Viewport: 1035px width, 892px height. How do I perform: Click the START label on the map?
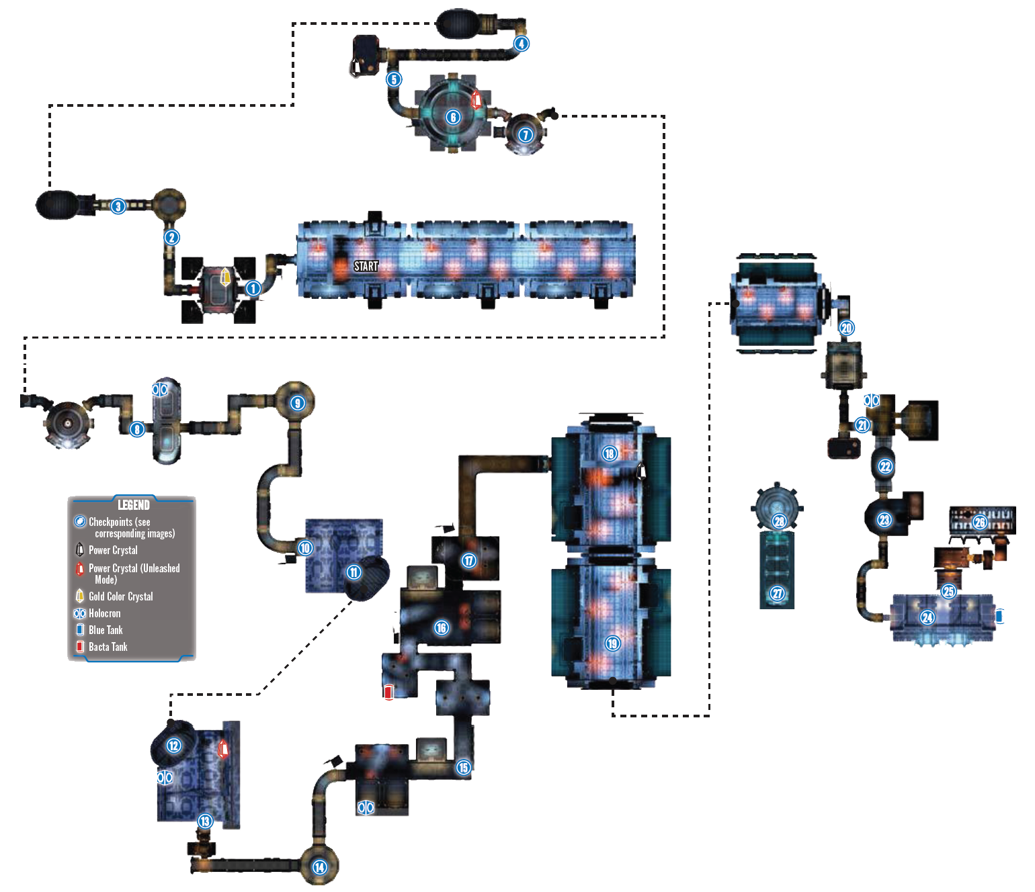pos(366,266)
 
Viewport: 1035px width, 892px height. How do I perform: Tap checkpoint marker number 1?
pos(253,288)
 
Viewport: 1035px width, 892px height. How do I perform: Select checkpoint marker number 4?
pos(522,44)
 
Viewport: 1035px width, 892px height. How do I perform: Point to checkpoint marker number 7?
pos(526,134)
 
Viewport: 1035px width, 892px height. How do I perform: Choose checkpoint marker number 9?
pos(298,403)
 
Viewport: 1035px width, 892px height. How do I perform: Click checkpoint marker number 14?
pos(319,867)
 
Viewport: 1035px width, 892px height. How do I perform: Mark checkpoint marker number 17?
pos(468,561)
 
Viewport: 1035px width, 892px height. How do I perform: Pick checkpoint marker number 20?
pos(846,328)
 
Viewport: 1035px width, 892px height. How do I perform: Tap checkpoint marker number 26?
pos(979,523)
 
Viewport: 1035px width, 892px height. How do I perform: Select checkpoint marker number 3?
pos(118,206)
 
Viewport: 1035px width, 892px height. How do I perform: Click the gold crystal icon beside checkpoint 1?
pos(225,276)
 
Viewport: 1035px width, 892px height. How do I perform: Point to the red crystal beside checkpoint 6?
pos(477,99)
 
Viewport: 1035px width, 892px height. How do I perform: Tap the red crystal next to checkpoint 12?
pos(223,749)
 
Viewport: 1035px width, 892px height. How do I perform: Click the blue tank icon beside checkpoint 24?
pos(999,616)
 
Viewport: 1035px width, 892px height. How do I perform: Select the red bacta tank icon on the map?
pos(388,693)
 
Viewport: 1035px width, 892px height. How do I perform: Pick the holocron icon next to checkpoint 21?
pos(871,400)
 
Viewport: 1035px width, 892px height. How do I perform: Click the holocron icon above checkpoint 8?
pos(160,390)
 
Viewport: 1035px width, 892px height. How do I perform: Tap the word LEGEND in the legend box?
pos(134,504)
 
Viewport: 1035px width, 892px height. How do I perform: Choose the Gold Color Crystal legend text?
pos(121,596)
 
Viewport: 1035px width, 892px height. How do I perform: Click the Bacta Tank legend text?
pos(108,647)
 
